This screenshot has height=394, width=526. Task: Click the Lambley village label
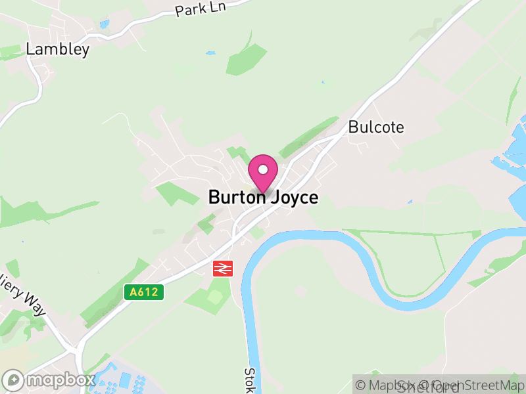click(x=57, y=49)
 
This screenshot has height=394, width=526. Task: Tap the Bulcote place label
click(x=376, y=127)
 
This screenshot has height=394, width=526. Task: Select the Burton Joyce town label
click(x=263, y=197)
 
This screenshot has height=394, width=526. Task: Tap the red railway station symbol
click(x=223, y=268)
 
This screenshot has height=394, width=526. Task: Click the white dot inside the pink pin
click(x=263, y=169)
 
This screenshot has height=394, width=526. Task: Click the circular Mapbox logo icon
click(x=14, y=380)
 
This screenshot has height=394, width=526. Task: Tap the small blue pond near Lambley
click(x=105, y=24)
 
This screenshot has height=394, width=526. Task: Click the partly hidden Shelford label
click(x=427, y=387)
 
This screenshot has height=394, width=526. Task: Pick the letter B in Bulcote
click(x=354, y=127)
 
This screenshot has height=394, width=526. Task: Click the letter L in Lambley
click(x=30, y=49)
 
